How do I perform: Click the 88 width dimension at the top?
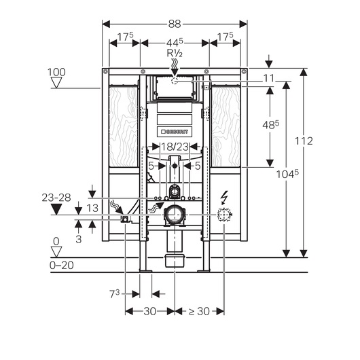175,24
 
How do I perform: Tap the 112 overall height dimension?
304,141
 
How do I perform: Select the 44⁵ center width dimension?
175,42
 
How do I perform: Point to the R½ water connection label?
175,53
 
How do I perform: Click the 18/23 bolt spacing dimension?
175,147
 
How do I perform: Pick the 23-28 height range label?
56,198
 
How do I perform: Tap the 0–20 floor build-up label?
62,265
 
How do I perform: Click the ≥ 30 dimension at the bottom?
199,311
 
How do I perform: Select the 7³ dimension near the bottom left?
115,294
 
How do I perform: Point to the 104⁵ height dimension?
287,174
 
